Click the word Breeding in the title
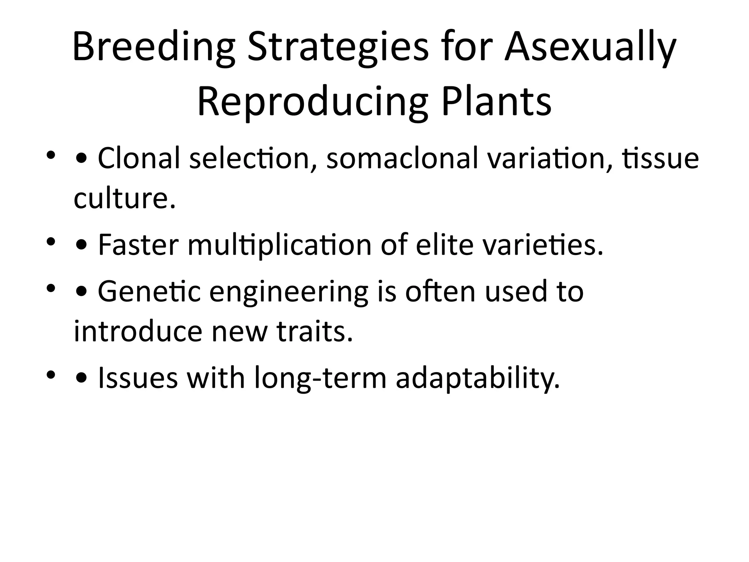point(154,48)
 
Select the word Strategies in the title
point(337,48)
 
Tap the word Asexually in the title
point(590,48)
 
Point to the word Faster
point(138,245)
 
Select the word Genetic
point(149,291)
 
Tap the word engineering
point(289,291)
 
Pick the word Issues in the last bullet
point(138,378)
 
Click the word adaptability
point(478,378)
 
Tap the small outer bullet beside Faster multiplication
point(51,242)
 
